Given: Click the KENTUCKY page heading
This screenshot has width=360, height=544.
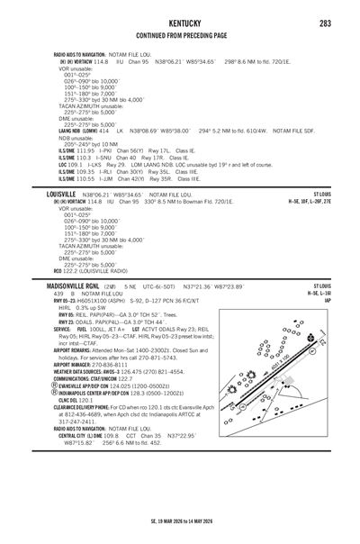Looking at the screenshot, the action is point(179,18).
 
